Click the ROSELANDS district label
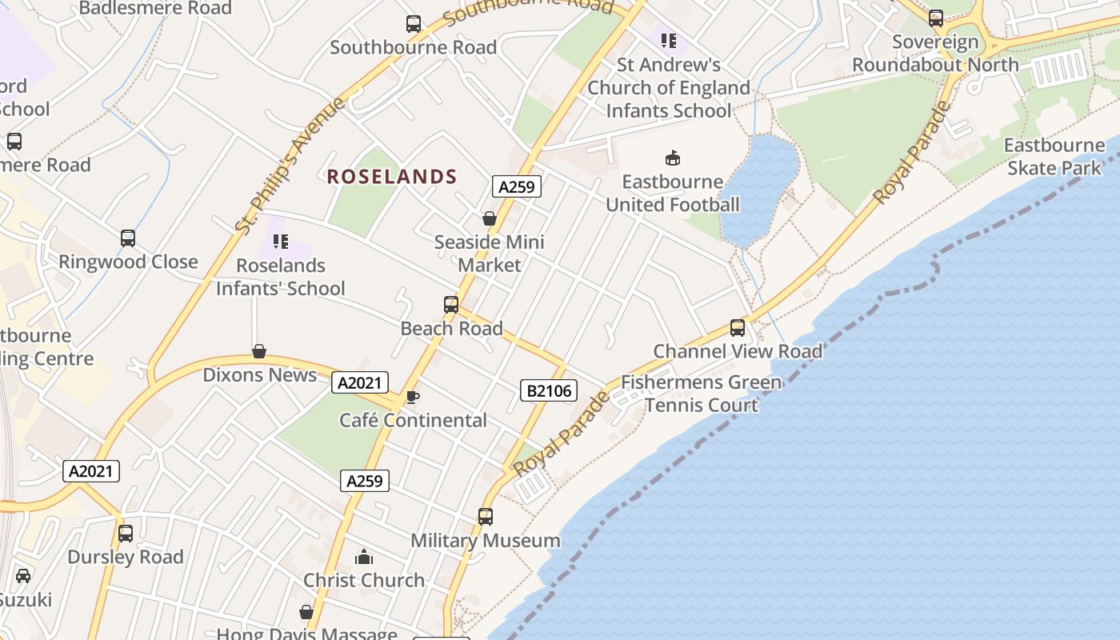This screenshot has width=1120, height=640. coord(392,177)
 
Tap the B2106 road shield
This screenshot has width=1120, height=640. coord(548,390)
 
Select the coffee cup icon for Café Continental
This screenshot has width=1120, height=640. coord(412,397)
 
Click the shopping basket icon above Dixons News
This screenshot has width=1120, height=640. coord(259,351)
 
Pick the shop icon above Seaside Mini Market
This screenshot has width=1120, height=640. coord(490,218)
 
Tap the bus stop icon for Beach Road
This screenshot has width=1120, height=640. coord(451,305)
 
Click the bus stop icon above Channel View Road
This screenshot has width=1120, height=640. coord(737,328)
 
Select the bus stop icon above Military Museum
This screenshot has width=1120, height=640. coord(486,517)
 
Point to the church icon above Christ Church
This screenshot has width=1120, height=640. coord(364,557)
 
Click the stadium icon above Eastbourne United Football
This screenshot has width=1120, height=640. coord(673,158)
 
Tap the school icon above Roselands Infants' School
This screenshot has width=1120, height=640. coord(280,242)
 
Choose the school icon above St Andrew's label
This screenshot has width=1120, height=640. coord(669,41)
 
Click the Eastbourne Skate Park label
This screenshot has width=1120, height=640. coord(1054,157)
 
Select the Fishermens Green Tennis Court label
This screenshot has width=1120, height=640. coord(702,394)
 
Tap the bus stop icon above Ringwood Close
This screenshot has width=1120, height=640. coord(128,238)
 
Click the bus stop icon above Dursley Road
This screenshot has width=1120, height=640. coord(126,534)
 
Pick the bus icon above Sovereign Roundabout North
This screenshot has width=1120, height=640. coord(935,18)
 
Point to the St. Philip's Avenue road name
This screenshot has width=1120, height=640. coord(290,166)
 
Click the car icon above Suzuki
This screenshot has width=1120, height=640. coord(23,576)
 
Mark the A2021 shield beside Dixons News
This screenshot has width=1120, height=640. coord(360,383)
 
